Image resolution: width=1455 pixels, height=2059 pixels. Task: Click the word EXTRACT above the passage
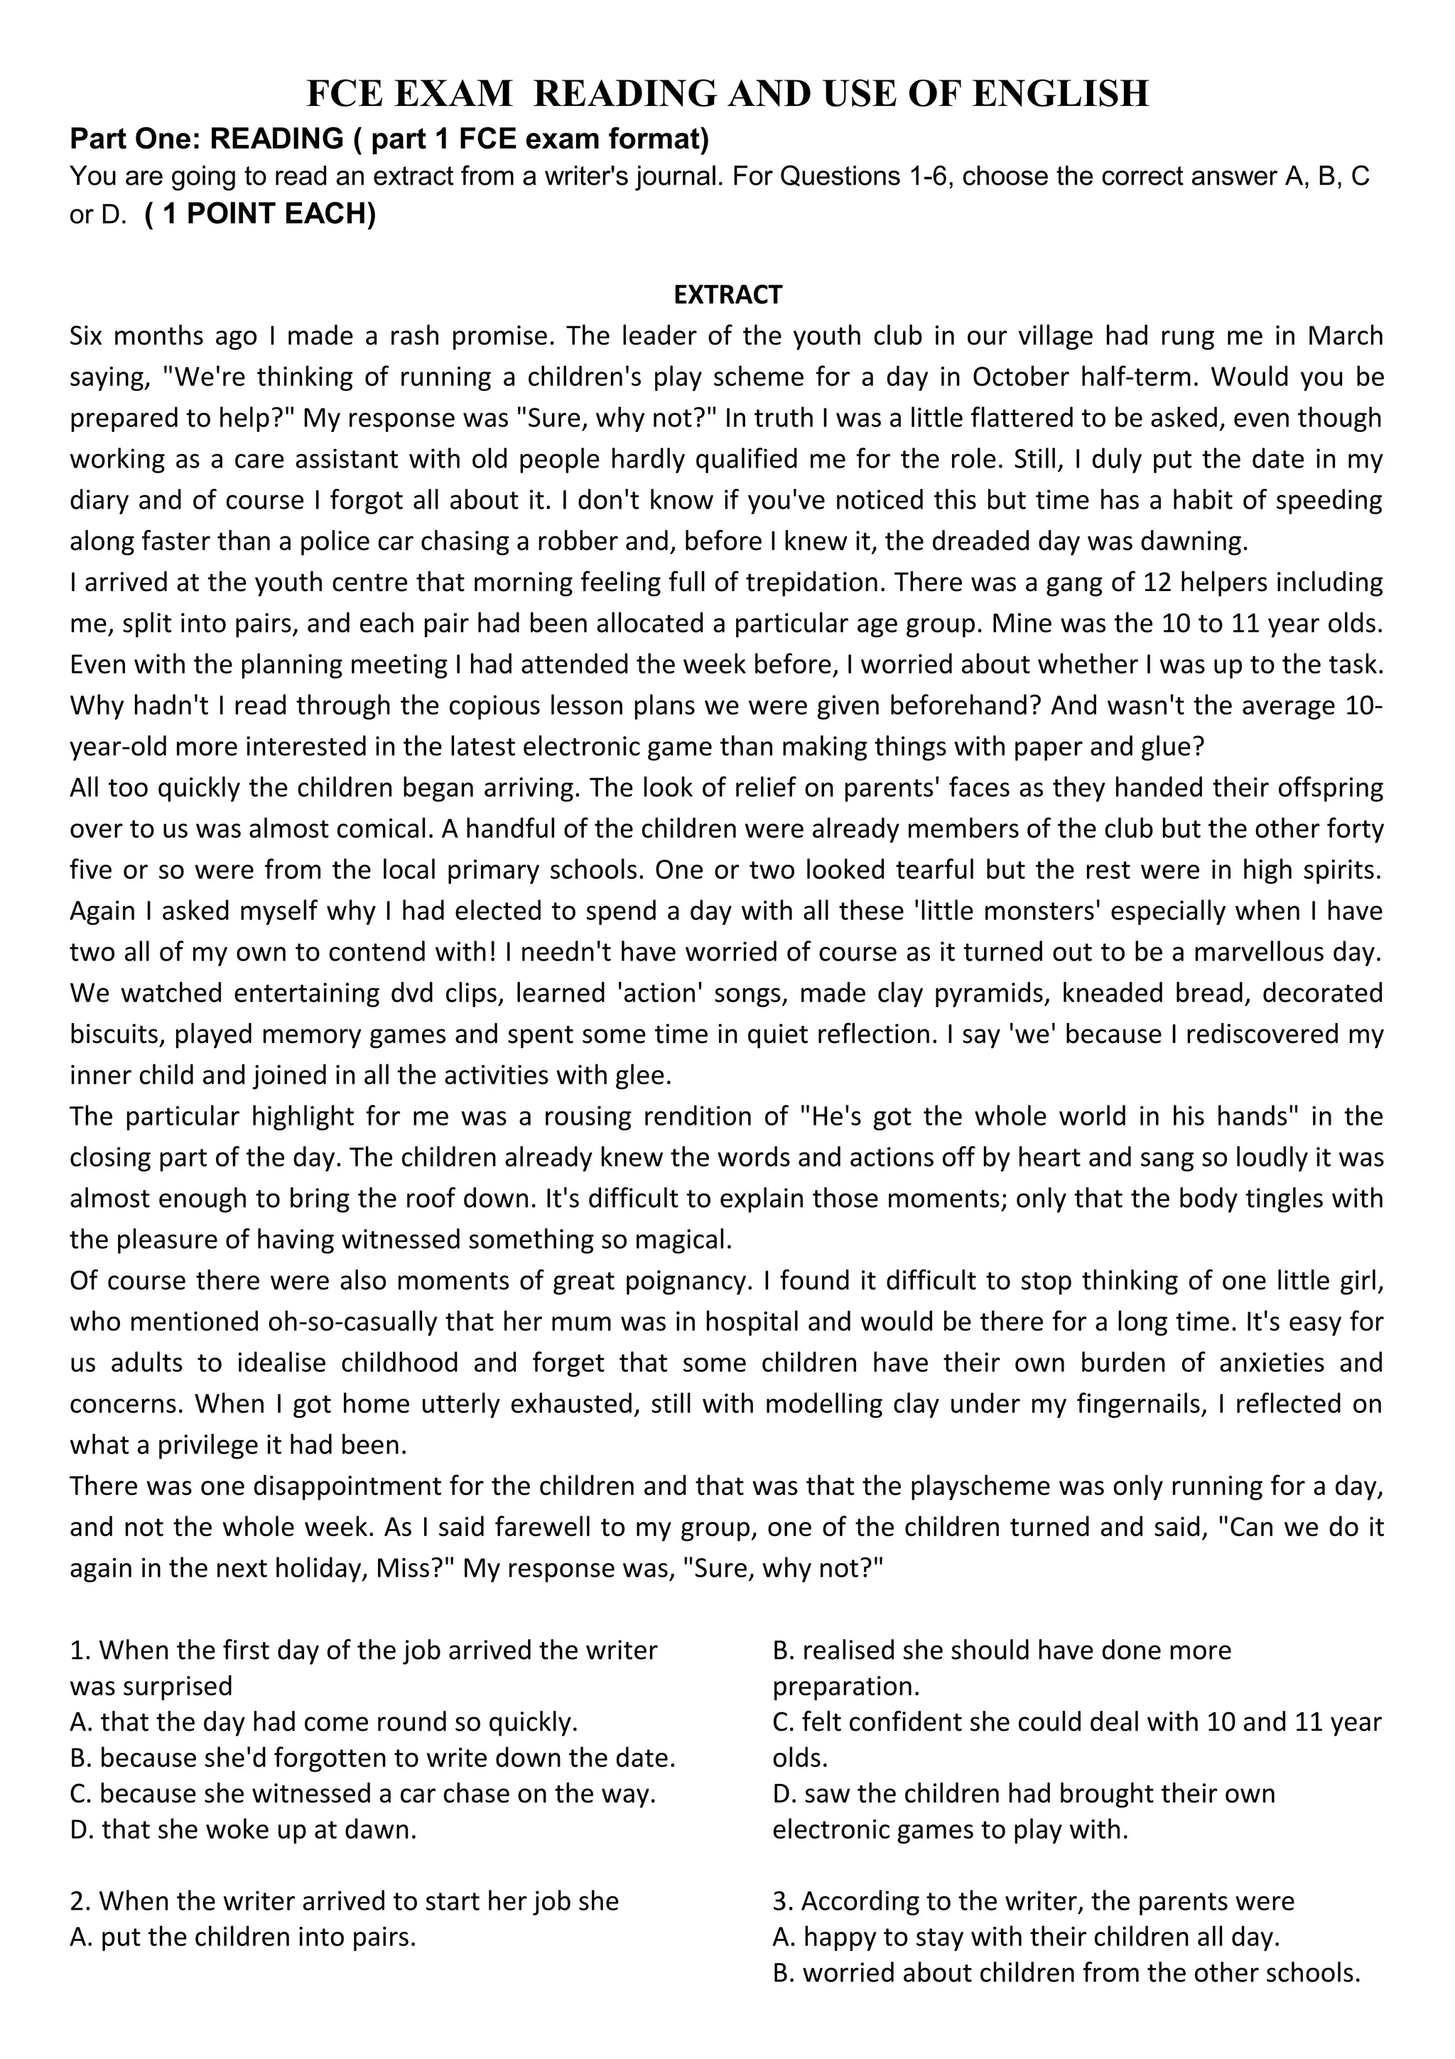pos(727,294)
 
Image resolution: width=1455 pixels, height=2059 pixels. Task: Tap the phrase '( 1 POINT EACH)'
pos(260,215)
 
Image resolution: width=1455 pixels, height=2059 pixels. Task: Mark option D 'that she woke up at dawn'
pos(244,1830)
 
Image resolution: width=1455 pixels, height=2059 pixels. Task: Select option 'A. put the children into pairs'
pos(243,1937)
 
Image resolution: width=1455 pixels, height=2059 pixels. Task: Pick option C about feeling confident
pos(1076,1722)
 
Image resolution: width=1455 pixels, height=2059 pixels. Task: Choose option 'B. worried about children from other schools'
pos(1066,1973)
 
